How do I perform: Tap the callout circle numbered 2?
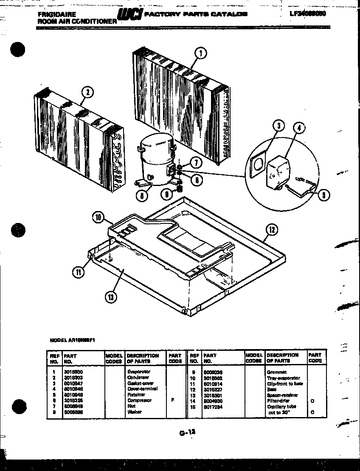87,92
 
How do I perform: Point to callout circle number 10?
98,217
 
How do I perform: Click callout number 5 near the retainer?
323,196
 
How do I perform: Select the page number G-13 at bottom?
187,432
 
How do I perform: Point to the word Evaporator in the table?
139,372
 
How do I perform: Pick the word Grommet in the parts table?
276,372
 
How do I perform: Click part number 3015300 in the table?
71,372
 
